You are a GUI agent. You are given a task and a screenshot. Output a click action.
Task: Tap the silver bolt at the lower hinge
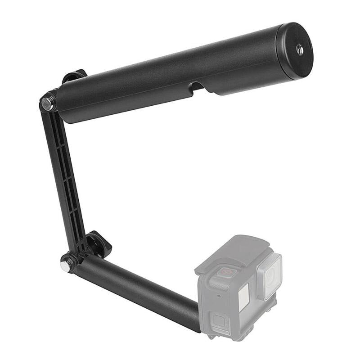(x=66, y=265)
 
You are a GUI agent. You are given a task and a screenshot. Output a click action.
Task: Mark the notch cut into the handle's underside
(x=197, y=88)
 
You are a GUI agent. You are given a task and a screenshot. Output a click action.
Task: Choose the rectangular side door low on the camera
(x=220, y=322)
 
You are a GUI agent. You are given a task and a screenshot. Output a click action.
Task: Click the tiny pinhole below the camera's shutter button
(x=218, y=296)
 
